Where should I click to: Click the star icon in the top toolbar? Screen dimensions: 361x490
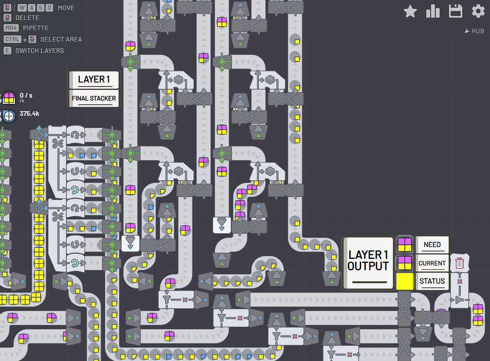pos(410,12)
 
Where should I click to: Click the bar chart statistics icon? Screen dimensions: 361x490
pos(433,12)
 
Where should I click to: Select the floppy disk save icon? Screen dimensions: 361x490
pos(455,12)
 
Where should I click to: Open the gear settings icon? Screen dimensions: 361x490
pos(478,12)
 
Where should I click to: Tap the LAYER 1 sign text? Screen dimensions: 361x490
pos(94,79)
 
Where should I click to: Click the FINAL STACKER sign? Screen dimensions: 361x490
pos(94,99)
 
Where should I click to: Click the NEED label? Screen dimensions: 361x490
pos(432,245)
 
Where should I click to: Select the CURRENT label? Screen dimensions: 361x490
pos(432,263)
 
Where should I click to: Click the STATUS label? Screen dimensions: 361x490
pos(432,281)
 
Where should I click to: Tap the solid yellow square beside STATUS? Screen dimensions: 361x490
pos(404,281)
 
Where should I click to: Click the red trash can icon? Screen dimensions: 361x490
pos(460,263)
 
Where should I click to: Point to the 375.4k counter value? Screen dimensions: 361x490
pos(29,114)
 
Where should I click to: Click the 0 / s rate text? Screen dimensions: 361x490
pos(26,95)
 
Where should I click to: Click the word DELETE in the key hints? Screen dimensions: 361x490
pos(27,18)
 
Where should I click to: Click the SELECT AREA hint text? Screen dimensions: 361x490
pos(61,39)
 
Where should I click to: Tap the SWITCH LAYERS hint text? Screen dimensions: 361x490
pos(39,50)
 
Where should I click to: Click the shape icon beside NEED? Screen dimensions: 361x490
pos(404,245)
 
